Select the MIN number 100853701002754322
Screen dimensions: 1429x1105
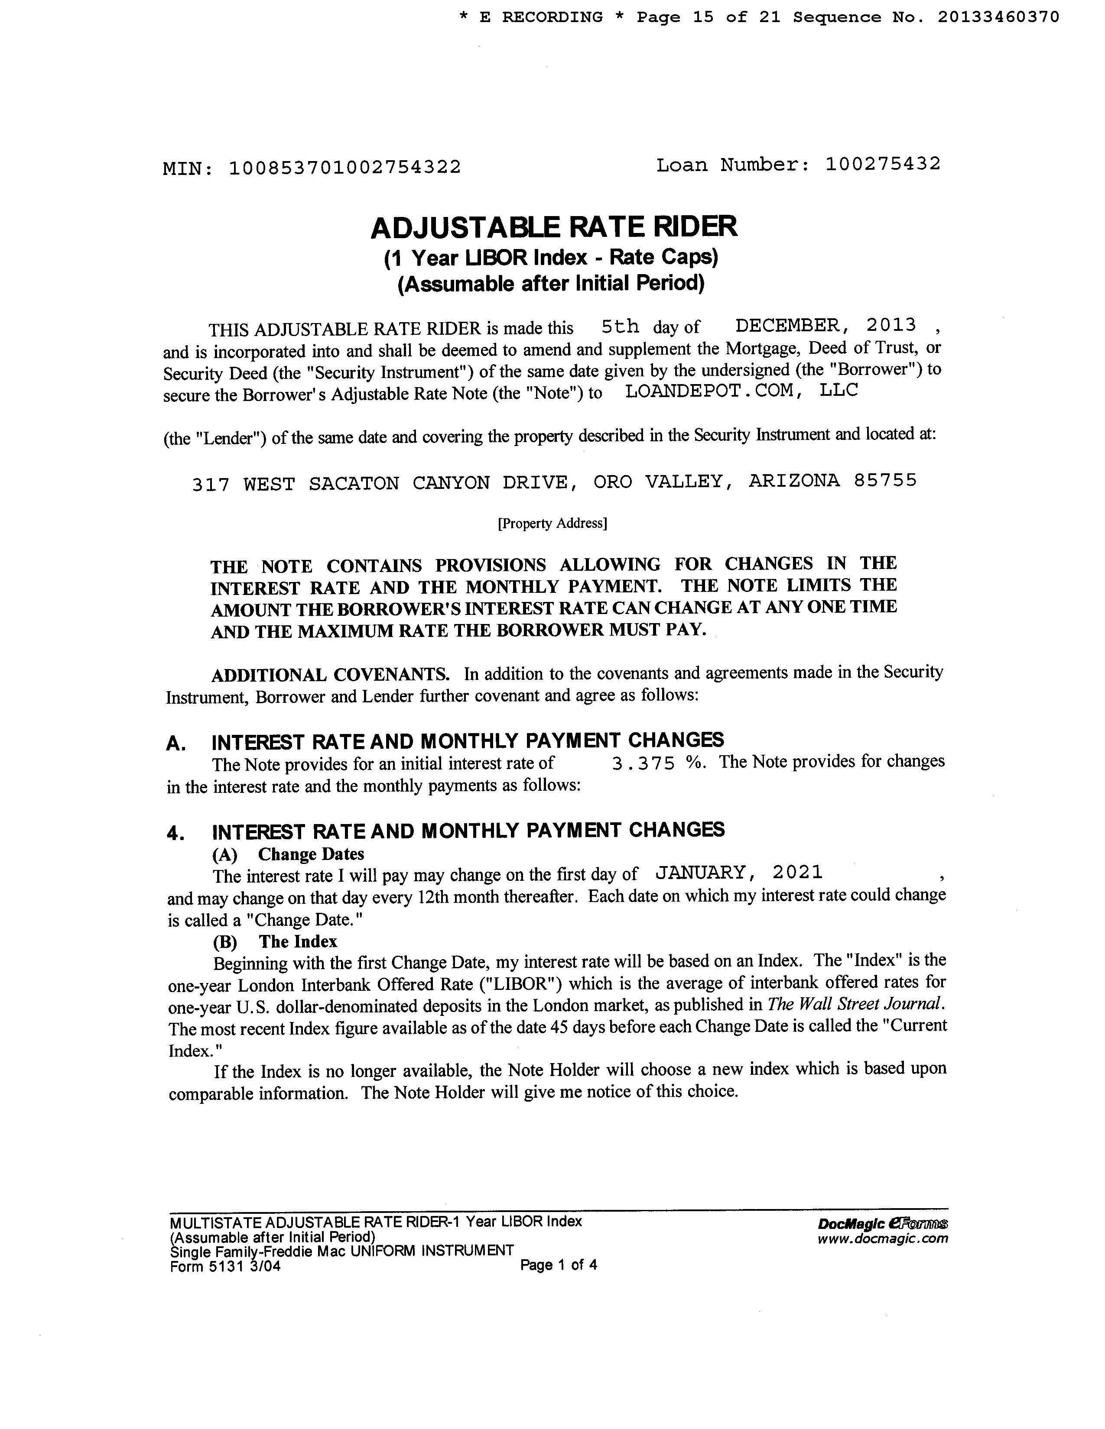[345, 168]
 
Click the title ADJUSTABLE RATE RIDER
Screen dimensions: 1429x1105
[554, 227]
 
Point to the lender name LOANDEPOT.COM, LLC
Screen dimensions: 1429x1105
[741, 391]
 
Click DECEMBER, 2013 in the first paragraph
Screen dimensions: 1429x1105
[825, 325]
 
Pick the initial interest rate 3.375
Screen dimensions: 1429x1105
[643, 763]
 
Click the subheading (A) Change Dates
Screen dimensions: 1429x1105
[288, 854]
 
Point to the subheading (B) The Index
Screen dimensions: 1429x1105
[274, 941]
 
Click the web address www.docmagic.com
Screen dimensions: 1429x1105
[882, 1238]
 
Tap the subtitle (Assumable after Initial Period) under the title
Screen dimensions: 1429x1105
[551, 283]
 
